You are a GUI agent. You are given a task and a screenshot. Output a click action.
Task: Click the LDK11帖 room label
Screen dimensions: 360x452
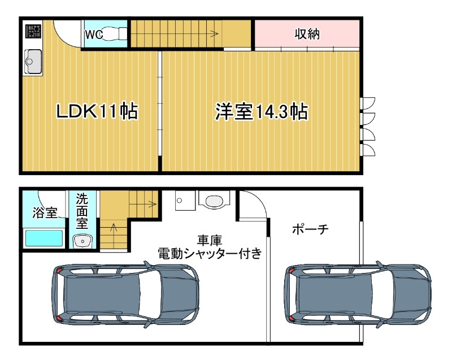point(97,111)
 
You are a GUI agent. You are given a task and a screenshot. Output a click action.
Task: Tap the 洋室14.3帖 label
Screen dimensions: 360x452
point(260,111)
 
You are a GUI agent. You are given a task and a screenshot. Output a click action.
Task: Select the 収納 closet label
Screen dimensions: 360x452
point(307,34)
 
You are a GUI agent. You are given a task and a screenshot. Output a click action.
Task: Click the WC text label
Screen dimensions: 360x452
point(93,34)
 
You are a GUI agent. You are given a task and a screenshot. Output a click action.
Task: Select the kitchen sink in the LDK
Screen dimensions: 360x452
point(33,61)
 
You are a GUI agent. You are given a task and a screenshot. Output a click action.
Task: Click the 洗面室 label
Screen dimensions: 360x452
point(82,210)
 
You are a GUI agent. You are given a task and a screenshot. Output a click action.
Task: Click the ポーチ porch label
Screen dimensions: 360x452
point(310,229)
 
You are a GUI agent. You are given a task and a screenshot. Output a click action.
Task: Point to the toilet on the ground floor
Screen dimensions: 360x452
point(214,200)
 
